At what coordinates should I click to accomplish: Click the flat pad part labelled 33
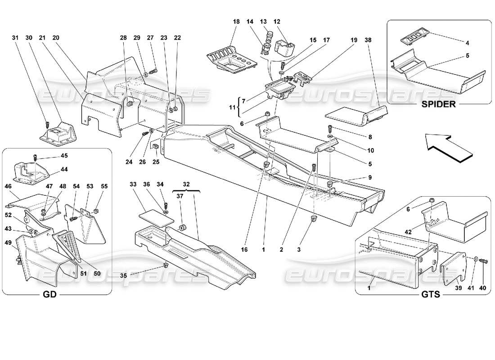point(155,216)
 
